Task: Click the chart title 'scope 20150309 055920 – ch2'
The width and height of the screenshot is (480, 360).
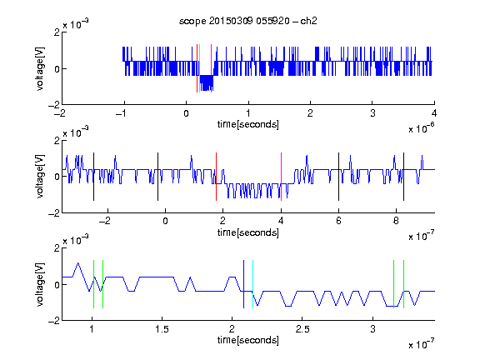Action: pos(248,21)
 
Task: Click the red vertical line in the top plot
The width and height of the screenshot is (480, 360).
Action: pos(197,68)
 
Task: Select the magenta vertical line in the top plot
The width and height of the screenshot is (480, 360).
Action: pos(211,68)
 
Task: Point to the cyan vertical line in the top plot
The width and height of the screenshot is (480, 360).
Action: pos(200,68)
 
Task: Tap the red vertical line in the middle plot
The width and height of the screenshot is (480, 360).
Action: pos(216,177)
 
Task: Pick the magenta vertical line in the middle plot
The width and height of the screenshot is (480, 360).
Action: pos(281,177)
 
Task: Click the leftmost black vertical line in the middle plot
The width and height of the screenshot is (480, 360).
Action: pos(93,177)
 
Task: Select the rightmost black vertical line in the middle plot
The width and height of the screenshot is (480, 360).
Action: pos(403,177)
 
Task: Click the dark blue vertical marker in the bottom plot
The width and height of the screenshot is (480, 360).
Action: pos(243,284)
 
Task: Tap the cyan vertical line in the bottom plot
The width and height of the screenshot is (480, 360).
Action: pos(252,284)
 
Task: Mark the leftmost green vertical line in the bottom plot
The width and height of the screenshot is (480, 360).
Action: pos(93,284)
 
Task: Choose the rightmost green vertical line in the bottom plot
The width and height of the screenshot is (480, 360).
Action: pos(403,284)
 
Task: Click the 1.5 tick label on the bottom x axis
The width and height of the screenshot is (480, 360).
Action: pos(162,329)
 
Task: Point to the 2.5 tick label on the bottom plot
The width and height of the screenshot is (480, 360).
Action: pos(302,329)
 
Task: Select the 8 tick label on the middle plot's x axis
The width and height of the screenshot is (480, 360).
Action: pos(396,221)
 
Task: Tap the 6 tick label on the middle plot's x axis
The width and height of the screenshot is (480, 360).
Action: pos(338,221)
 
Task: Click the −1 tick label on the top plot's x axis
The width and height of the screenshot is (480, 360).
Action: pos(121,113)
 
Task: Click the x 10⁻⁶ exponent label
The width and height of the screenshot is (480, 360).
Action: pos(421,128)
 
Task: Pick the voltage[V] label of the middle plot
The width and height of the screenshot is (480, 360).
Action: pos(40,177)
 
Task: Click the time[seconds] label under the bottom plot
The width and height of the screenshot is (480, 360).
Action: pos(248,340)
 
